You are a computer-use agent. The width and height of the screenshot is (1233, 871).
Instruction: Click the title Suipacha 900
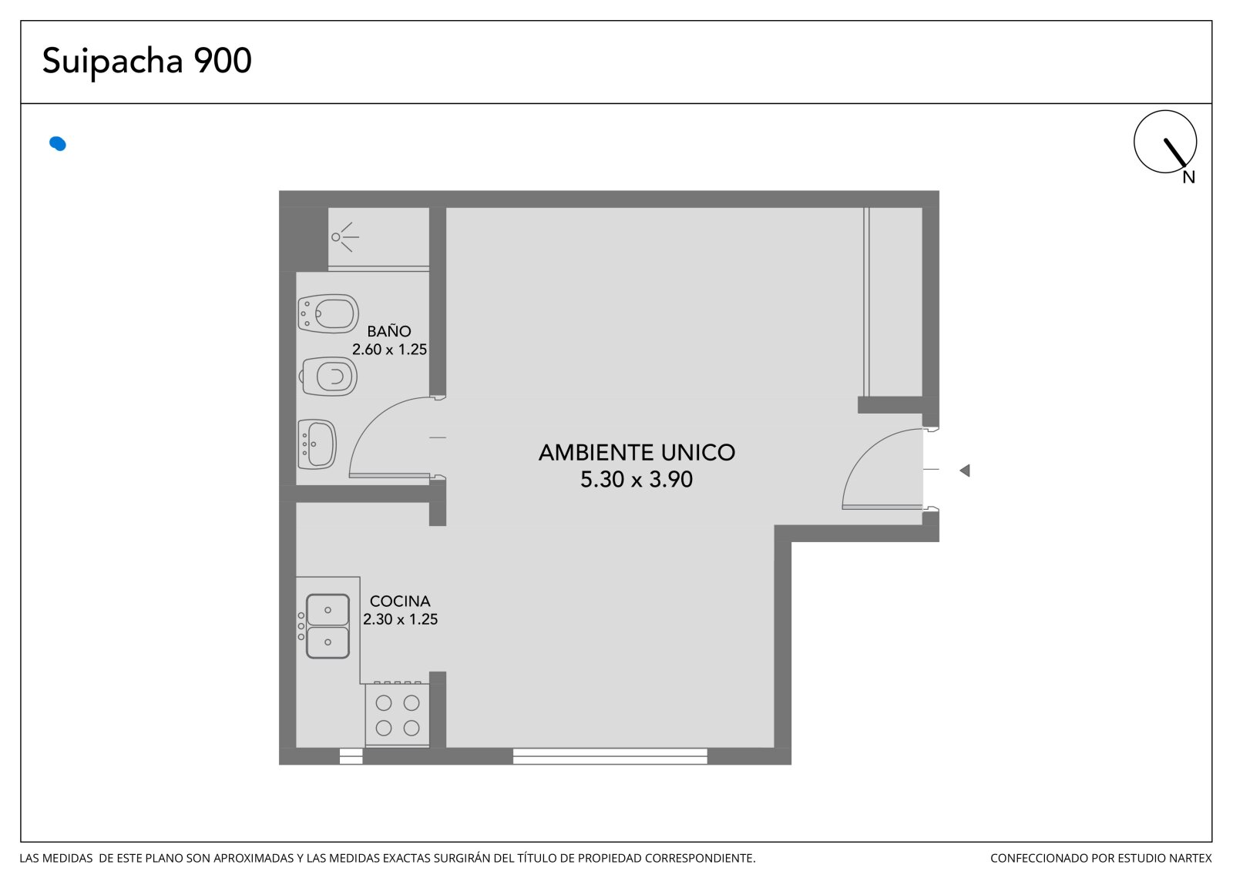(x=147, y=61)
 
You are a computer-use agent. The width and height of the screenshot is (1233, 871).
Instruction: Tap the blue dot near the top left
(x=58, y=143)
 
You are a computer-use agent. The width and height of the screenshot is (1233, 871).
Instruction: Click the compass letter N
(x=1189, y=177)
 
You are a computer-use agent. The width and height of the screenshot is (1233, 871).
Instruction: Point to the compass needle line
(x=1174, y=152)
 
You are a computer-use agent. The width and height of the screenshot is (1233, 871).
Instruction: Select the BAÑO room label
(x=389, y=331)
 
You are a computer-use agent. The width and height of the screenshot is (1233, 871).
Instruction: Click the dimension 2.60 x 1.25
(x=390, y=350)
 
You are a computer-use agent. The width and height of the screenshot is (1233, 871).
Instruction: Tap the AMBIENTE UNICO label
(x=637, y=453)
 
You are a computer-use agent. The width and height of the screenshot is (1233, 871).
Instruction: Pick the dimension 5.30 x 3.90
(x=637, y=479)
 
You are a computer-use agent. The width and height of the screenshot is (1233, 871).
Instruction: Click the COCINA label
(x=400, y=601)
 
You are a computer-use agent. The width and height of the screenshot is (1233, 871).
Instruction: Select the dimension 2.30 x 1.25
(x=401, y=619)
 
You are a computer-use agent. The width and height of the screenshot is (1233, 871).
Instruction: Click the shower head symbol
(x=344, y=237)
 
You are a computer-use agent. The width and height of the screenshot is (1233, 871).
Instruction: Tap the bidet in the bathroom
(x=328, y=313)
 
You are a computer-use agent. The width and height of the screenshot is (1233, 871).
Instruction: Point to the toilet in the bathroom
(x=328, y=377)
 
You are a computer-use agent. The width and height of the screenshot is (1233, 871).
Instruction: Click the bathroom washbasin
(x=317, y=444)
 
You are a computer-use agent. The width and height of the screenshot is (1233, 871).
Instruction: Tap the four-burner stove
(x=397, y=715)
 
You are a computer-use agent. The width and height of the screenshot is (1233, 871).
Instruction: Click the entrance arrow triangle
(x=965, y=471)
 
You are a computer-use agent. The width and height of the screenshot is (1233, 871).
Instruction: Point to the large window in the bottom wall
(x=610, y=756)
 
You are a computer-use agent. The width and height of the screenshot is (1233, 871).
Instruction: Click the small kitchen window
(x=351, y=756)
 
